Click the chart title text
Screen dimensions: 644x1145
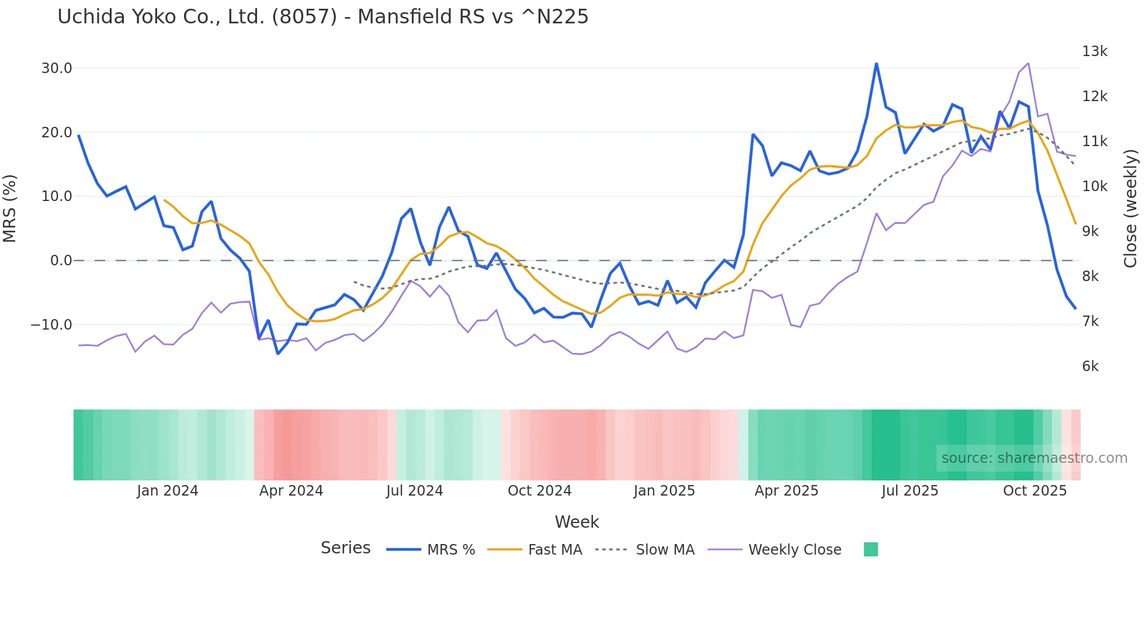[x=322, y=17]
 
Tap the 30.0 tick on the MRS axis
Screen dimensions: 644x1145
[x=57, y=68]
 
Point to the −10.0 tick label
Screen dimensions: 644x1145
[x=51, y=325]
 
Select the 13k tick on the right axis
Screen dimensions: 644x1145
[x=1094, y=51]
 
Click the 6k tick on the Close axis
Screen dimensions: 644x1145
[x=1090, y=366]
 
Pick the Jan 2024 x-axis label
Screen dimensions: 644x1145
[x=168, y=491]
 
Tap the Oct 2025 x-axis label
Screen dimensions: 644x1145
[x=1035, y=491]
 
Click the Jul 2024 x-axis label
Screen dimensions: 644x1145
[x=414, y=491]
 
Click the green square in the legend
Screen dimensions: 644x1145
[x=870, y=549]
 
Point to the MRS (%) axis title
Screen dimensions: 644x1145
[x=10, y=209]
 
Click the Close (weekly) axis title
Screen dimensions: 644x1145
[x=1130, y=209]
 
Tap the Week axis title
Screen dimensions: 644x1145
[x=577, y=522]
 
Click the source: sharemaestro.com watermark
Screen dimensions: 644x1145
[x=1034, y=458]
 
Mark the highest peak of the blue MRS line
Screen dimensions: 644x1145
[x=876, y=64]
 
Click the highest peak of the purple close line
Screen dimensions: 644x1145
[x=1028, y=63]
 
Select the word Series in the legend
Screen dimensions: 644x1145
[x=345, y=548]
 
